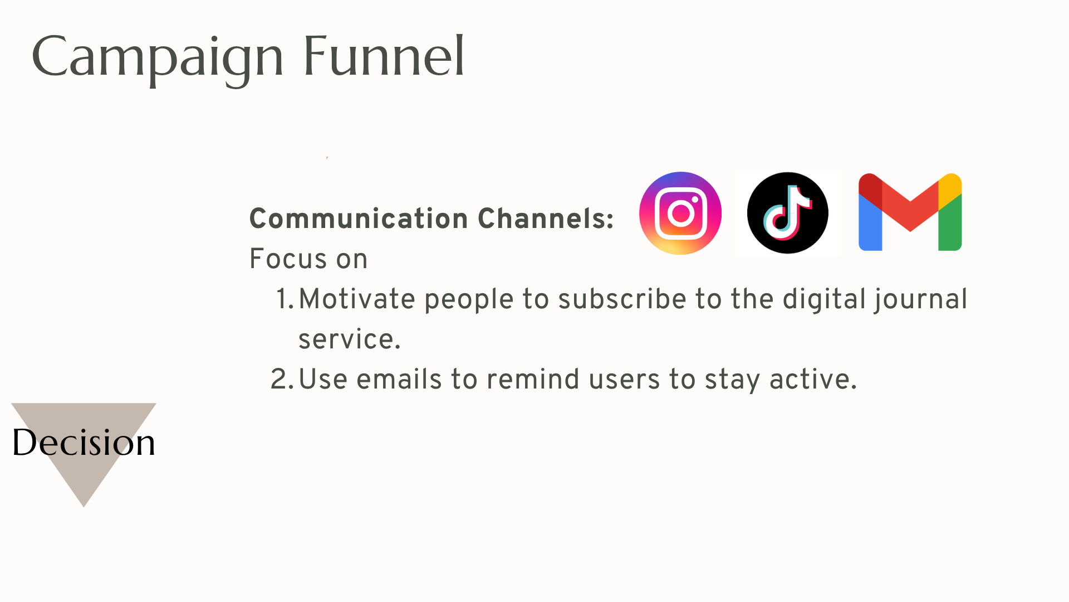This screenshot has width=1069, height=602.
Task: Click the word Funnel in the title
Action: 384,56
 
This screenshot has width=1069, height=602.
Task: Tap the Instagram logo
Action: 680,213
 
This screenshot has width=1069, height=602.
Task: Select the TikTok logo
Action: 787,213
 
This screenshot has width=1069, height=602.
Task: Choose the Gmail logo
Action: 910,212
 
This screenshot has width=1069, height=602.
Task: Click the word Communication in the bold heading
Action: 359,219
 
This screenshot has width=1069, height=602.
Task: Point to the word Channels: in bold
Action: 546,219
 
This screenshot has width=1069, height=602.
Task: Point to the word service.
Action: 350,339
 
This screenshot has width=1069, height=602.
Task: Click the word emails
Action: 399,380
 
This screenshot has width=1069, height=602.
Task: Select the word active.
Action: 813,380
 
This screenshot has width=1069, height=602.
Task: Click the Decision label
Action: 84,443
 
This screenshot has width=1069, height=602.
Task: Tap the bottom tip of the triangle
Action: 84,507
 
